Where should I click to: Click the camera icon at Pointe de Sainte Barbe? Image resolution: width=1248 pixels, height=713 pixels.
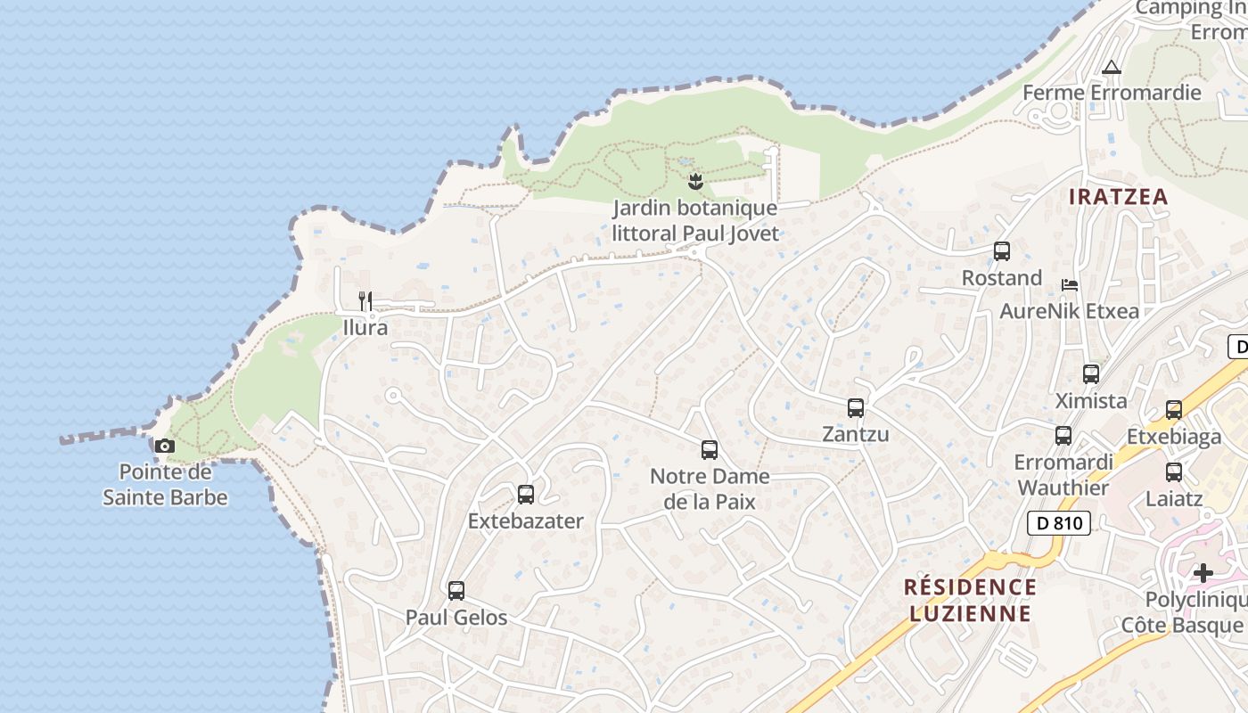[x=165, y=446]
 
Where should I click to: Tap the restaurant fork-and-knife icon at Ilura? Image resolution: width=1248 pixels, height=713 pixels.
[x=365, y=300]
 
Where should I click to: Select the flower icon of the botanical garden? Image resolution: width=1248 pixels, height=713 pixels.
[x=695, y=182]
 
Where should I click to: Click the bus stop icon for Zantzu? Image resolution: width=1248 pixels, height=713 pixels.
[x=856, y=408]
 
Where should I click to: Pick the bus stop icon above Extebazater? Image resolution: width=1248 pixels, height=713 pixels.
[x=526, y=494]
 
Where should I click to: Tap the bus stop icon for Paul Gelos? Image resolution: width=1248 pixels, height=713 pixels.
[x=456, y=590]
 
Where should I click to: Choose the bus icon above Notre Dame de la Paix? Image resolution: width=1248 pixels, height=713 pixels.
[x=710, y=450]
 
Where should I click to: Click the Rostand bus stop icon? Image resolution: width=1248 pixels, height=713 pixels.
[x=1002, y=251]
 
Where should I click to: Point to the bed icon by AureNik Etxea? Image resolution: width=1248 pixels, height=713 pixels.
[x=1070, y=285]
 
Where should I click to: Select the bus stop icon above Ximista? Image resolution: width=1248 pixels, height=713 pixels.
[x=1091, y=374]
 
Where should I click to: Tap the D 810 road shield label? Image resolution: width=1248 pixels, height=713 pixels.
[x=1059, y=523]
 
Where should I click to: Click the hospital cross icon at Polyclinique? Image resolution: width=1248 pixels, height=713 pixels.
[x=1203, y=572]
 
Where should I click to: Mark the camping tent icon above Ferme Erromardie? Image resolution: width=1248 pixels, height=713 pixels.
[x=1111, y=67]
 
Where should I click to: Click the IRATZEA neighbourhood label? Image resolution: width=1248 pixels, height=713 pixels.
[x=1118, y=197]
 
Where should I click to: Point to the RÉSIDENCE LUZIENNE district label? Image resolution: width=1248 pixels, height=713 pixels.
[x=970, y=600]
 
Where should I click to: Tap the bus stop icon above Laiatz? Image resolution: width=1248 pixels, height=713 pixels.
[x=1174, y=472]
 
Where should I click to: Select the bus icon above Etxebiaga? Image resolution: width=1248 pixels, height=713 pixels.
[x=1174, y=410]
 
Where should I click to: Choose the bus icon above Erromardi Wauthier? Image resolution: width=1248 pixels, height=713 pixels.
[x=1063, y=436]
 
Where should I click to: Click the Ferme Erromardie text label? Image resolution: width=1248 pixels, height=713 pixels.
[x=1112, y=93]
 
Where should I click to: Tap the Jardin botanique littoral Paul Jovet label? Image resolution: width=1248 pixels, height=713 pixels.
[x=695, y=221]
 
